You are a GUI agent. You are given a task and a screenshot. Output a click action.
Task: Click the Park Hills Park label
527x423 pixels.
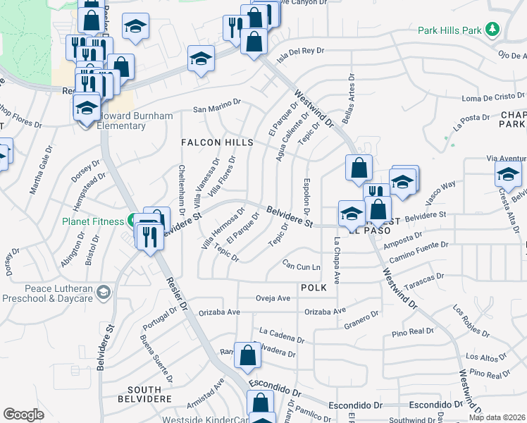tap(449, 30)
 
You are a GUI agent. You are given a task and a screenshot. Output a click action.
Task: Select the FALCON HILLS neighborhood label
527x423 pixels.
tap(217, 142)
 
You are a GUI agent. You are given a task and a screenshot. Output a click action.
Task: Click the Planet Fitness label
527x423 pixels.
tap(92, 221)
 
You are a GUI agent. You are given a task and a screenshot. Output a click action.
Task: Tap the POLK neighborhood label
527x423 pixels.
tap(314, 288)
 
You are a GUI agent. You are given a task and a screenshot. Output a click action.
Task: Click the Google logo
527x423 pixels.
tap(24, 414)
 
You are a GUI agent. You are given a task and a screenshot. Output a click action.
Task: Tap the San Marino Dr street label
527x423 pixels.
tap(217, 109)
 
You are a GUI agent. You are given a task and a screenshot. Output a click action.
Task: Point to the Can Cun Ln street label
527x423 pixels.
tap(301, 266)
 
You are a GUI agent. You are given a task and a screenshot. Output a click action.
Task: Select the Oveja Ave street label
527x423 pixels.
tap(273, 298)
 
